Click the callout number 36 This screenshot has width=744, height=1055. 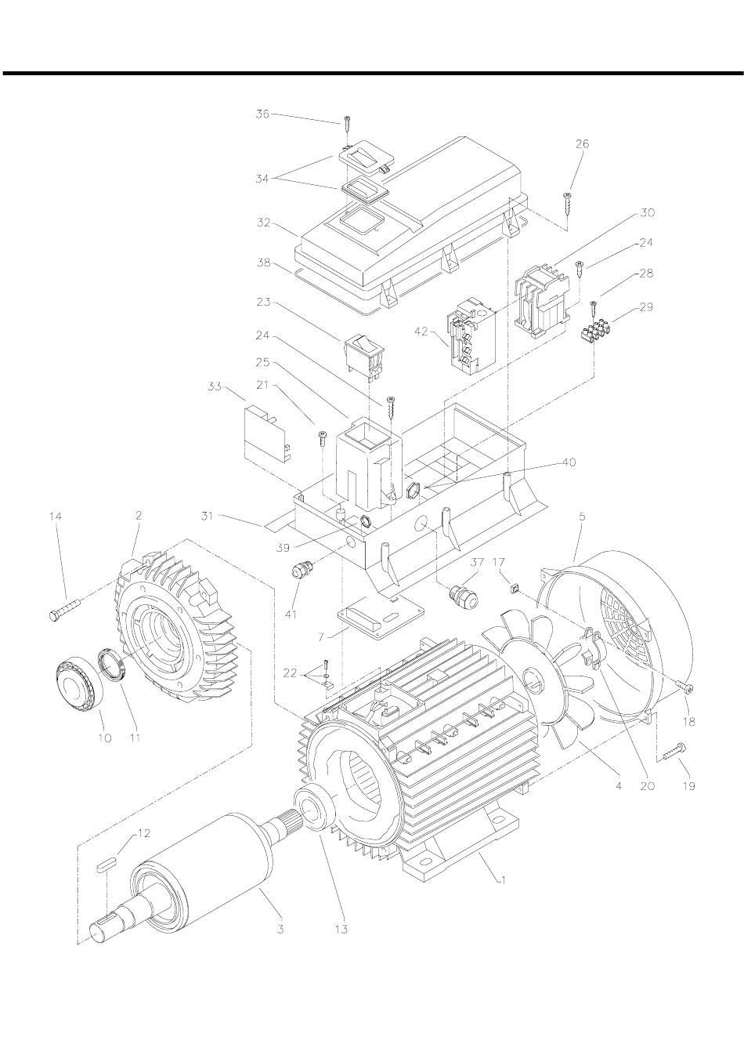pyautogui.click(x=262, y=114)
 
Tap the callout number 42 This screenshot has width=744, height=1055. pyautogui.click(x=421, y=332)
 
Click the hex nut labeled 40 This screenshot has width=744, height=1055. pyautogui.click(x=412, y=492)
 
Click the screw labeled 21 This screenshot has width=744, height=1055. pyautogui.click(x=323, y=439)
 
